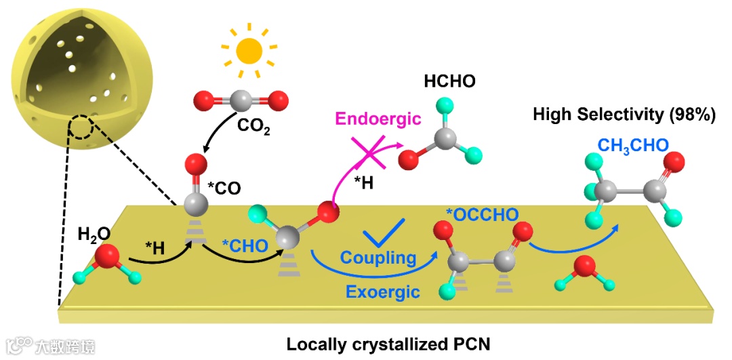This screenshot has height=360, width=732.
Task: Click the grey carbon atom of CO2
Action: [240, 102]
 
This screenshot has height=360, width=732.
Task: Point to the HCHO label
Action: [449, 82]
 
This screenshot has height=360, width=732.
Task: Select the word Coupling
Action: [378, 258]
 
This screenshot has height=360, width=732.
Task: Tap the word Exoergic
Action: [382, 292]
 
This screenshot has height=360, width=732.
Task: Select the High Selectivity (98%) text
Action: [624, 115]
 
